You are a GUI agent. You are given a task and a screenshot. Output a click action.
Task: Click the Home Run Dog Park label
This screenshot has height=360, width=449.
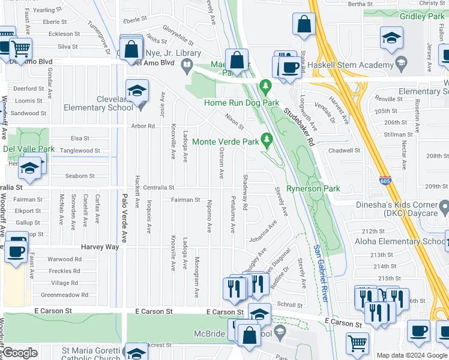[241, 103]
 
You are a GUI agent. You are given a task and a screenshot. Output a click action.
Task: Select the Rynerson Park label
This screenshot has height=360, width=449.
[313, 188]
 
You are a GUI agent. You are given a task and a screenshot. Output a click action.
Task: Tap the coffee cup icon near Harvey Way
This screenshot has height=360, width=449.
[16, 250]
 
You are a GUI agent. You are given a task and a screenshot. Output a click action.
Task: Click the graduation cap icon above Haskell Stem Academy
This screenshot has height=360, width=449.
[391, 39]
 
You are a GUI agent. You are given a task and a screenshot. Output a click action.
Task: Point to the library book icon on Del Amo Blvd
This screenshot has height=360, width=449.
[187, 64]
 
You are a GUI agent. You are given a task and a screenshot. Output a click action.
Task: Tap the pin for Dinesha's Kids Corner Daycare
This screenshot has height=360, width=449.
[444, 208]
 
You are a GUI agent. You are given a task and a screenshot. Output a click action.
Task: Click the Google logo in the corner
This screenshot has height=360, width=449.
[20, 353]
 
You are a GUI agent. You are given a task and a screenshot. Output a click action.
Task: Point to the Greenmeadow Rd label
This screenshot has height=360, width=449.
[64, 295]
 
